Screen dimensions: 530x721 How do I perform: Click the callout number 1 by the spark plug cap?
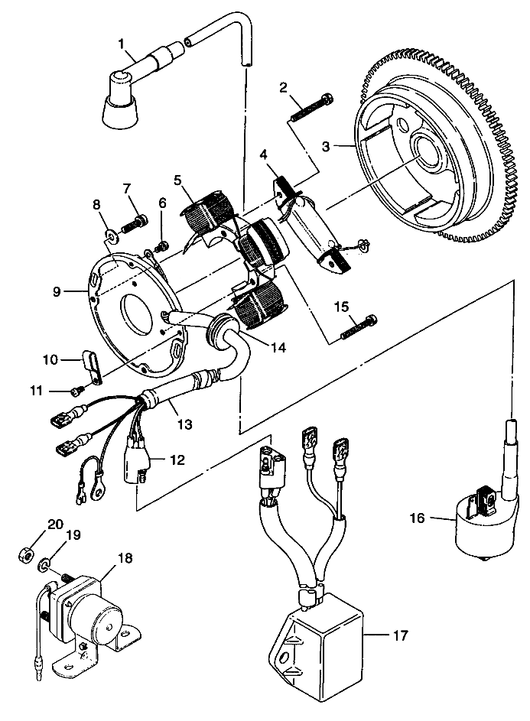tap(121, 44)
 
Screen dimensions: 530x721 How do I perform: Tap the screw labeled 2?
tap(311, 107)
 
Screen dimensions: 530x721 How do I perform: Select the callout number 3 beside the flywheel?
tap(327, 147)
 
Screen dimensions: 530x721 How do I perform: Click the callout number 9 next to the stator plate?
tap(57, 292)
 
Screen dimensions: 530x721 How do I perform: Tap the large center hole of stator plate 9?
tap(137, 313)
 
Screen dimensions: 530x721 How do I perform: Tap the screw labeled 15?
tap(359, 327)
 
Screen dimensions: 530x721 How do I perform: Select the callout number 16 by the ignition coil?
tap(418, 518)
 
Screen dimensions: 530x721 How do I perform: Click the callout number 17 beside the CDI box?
tap(400, 636)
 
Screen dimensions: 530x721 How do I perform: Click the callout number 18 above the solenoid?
tap(125, 558)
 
